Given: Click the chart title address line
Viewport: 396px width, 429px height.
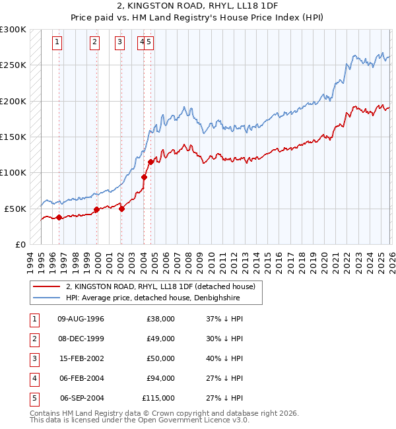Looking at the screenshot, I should pyautogui.click(x=197, y=7).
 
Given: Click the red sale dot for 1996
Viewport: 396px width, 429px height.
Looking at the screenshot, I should pyautogui.click(x=59, y=217).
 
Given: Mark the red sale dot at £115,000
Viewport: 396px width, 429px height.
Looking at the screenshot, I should pyautogui.click(x=151, y=162).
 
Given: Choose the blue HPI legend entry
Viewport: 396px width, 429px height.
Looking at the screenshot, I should pyautogui.click(x=152, y=298).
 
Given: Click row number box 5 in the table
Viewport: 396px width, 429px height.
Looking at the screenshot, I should pyautogui.click(x=34, y=398).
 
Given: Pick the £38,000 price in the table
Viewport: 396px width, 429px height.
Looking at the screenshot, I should pyautogui.click(x=160, y=319).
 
